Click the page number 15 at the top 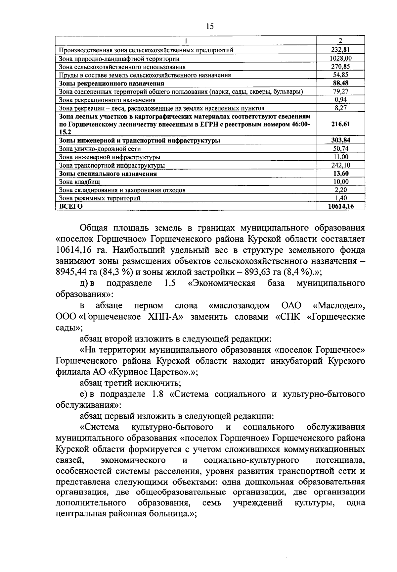(209, 26)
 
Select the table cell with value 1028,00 (340, 58)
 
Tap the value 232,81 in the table (340, 50)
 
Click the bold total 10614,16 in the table (340, 206)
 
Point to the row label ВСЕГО (70, 206)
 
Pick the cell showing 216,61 (340, 124)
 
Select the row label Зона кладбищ (79, 182)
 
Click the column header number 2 (340, 41)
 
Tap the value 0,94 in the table (340, 100)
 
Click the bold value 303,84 (340, 140)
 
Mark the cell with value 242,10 (340, 165)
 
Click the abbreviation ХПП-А (166, 317)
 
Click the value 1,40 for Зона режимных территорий (340, 198)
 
